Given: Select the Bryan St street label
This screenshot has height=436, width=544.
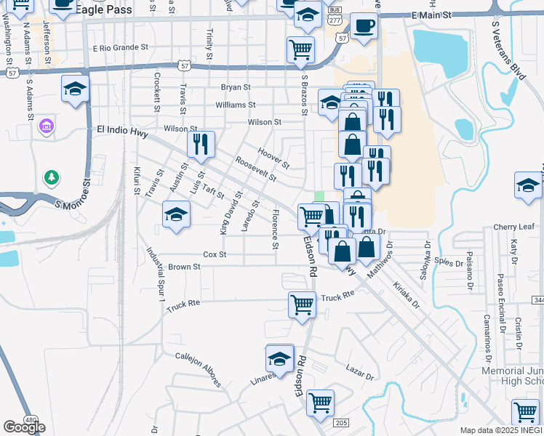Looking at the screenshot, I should click(236, 87).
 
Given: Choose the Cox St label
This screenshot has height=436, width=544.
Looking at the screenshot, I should click(215, 255).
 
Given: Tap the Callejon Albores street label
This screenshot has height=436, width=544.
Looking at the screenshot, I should click(198, 368).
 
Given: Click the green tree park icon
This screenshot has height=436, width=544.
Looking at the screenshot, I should click(51, 177).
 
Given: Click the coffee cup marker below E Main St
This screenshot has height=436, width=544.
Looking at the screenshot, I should click(364, 28).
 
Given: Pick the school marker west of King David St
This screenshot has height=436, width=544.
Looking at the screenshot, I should click(176, 215).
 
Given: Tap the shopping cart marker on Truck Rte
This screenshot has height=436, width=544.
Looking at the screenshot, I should click(302, 304).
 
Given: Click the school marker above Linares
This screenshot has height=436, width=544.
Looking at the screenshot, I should click(279, 359).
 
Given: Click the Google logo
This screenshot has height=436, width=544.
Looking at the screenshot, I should click(24, 427).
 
